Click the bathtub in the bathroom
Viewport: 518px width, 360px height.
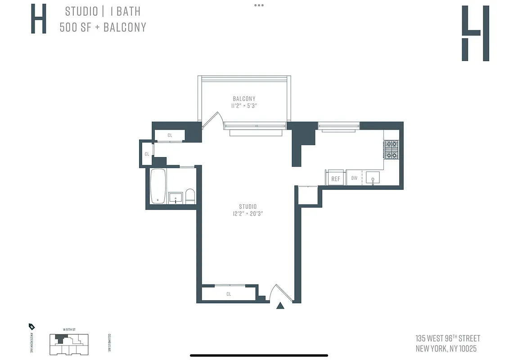coord(158,186)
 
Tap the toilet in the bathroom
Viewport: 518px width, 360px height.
coord(190,196)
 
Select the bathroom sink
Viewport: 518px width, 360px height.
coord(176,198)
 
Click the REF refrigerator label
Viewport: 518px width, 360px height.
coord(336,179)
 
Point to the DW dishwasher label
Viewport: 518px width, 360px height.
coord(354,178)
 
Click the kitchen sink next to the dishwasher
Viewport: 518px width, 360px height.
coord(372,178)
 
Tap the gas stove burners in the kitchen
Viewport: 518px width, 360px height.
coord(391,150)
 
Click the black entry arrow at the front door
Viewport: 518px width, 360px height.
coord(280,306)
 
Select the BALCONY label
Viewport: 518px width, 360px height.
coord(244,99)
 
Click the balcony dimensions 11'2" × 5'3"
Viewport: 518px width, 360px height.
coord(244,106)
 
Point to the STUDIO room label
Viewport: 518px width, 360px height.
coord(245,207)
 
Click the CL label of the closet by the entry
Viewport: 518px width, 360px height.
coord(229,294)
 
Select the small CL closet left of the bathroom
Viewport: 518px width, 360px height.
coord(147,154)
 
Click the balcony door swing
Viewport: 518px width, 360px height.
coord(212,119)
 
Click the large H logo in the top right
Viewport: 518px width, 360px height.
coord(475,33)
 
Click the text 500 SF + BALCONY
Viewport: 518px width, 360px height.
coord(103,27)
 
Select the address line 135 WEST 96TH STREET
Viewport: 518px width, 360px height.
coord(448,338)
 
